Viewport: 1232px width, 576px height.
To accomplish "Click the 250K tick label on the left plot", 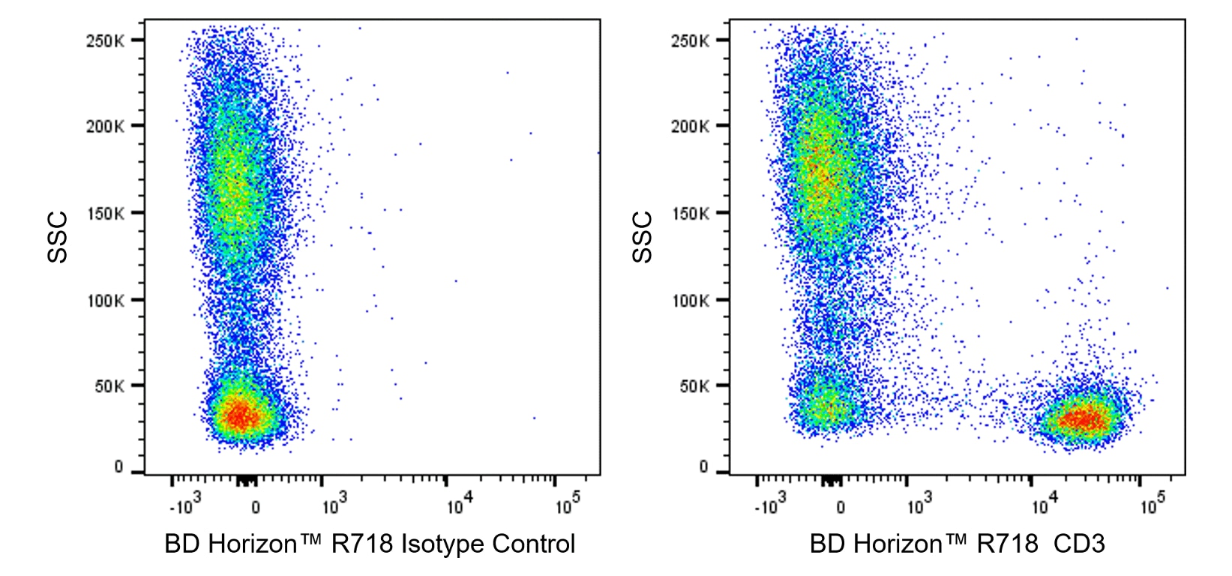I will tap(105, 40).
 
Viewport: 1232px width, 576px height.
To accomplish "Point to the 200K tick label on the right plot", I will tap(690, 126).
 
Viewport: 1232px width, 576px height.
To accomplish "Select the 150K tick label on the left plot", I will tap(105, 214).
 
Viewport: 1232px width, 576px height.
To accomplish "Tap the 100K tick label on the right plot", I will tap(690, 301).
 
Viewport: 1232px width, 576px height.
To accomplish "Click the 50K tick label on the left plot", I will tap(108, 386).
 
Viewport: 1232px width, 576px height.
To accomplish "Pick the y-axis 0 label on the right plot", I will tap(703, 466).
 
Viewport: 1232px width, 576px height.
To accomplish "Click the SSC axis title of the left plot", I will tap(58, 237).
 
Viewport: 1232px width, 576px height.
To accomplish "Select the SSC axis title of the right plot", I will tap(643, 237).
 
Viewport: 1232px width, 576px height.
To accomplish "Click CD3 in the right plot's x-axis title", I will tap(1079, 544).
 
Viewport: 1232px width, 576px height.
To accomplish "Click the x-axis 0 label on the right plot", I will tap(841, 508).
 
